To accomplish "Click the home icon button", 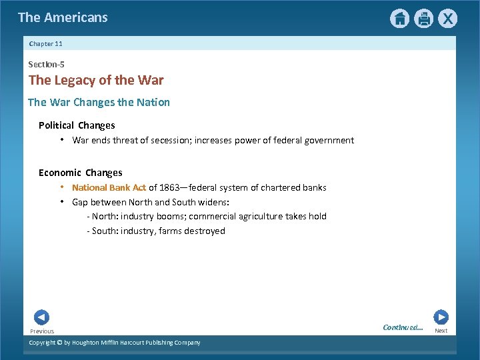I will pos(399,19).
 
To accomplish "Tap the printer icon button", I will pos(423,19).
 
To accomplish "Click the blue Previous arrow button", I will pos(41,317).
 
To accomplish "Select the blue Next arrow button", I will pos(441,317).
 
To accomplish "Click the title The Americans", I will pos(63,18).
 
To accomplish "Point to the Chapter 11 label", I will pos(45,43).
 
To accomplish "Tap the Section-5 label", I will pos(45,64).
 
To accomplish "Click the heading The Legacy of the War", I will pos(96,81).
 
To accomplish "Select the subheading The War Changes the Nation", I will pos(99,102).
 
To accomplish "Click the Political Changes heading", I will pos(77,125).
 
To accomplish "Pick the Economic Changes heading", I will pos(80,173).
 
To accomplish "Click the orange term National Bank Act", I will pos(109,187).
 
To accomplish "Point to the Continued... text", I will pos(403,327).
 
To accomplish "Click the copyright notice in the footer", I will pos(114,343).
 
